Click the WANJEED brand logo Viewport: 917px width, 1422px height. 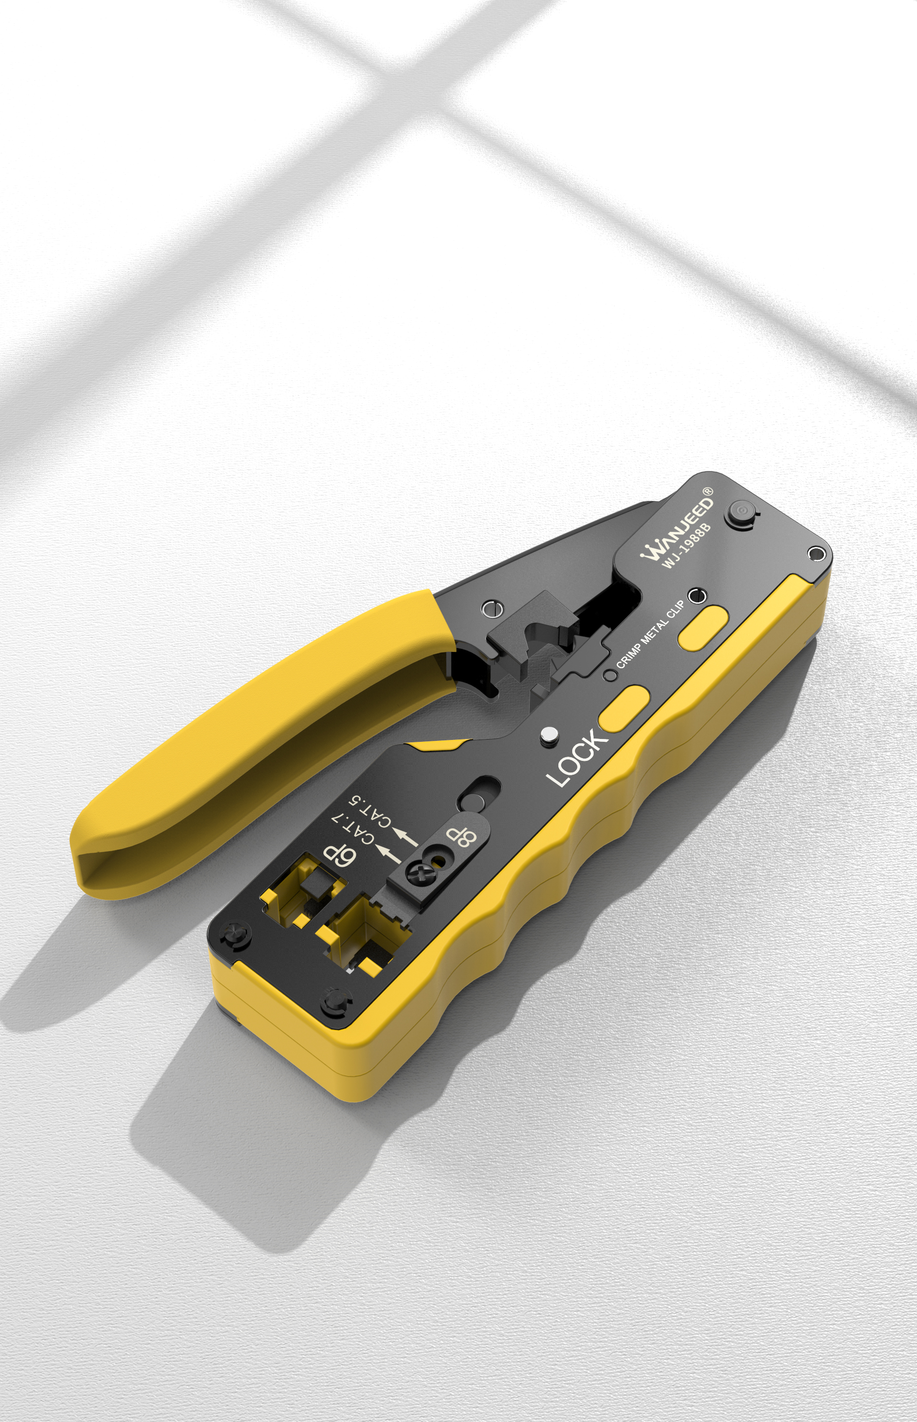[677, 528]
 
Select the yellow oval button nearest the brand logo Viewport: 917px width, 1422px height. [703, 628]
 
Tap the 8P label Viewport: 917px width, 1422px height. [461, 836]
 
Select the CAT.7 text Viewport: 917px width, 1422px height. [352, 829]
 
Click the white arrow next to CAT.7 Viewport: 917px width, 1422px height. [389, 855]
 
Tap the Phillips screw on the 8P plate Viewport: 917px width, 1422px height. [415, 874]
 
